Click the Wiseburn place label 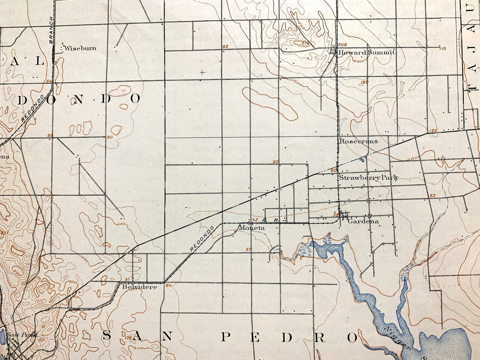pyautogui.click(x=80, y=48)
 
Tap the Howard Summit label pyautogui.click(x=366, y=52)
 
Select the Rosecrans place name pyautogui.click(x=358, y=141)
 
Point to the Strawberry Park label pyautogui.click(x=368, y=178)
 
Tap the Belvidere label pyautogui.click(x=139, y=287)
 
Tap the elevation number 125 pyautogui.click(x=433, y=131)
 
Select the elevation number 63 pyautogui.click(x=432, y=196)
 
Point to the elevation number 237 pyautogui.click(x=5, y=233)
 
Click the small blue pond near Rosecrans pyautogui.click(x=361, y=160)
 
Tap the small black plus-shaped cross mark pyautogui.click(x=202, y=72)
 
